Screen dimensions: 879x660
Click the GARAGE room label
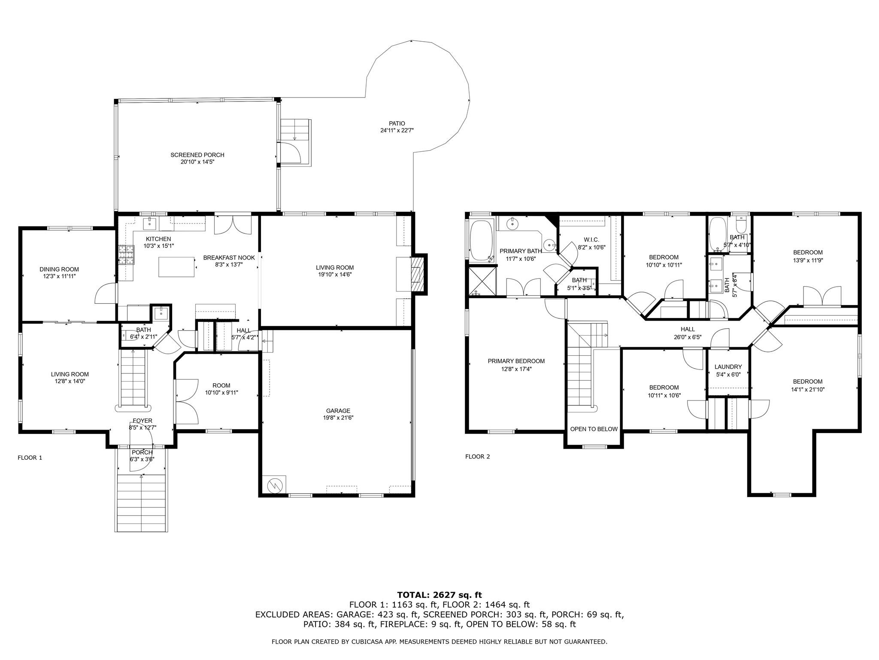[x=338, y=410]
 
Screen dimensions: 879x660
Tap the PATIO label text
[x=397, y=123]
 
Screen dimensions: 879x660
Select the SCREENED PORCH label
[x=197, y=155]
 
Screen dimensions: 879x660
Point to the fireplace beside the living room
[x=417, y=273]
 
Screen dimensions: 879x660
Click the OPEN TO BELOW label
[x=594, y=429]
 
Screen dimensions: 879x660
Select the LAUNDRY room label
[x=728, y=367]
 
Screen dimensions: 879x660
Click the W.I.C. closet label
[x=591, y=239]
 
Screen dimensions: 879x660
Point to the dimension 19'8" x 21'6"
[x=338, y=418]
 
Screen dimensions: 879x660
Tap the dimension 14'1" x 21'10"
[x=808, y=389]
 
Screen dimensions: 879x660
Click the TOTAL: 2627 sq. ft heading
[x=439, y=595]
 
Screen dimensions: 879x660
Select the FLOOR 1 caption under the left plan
[x=30, y=458]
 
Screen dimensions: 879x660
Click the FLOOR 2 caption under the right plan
[x=478, y=456]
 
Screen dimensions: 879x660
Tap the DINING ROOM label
[x=59, y=269]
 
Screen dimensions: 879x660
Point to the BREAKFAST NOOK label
[x=229, y=257]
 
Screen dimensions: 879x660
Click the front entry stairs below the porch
[x=141, y=503]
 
